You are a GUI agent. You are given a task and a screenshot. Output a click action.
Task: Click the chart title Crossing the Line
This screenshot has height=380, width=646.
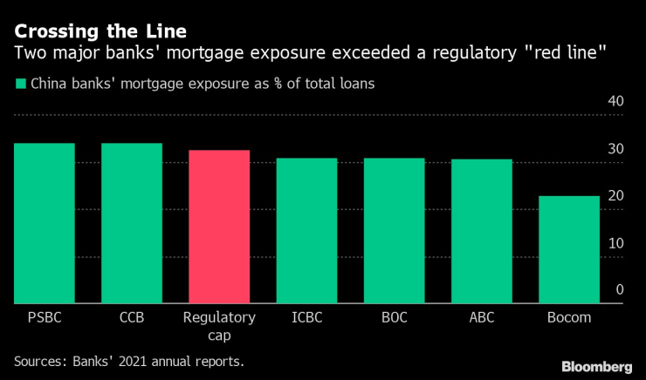click(x=100, y=31)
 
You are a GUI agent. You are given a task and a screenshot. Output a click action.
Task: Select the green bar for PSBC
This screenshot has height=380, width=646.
click(x=44, y=223)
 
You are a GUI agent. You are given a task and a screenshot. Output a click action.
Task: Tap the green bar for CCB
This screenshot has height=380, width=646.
click(x=132, y=223)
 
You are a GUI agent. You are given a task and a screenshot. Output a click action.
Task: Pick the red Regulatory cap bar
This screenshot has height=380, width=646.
click(x=219, y=227)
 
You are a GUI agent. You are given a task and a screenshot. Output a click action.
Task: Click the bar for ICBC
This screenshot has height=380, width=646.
click(x=306, y=231)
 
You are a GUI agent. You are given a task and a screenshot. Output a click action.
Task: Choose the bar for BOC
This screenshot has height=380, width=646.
click(x=394, y=231)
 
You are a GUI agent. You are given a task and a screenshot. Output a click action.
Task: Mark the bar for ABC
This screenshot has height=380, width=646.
click(x=481, y=231)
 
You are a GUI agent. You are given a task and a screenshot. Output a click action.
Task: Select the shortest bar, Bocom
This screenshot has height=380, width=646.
click(x=568, y=250)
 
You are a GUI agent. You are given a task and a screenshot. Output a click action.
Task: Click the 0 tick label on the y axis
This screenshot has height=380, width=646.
click(x=619, y=290)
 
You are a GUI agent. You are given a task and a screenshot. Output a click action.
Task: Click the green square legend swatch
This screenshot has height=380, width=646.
click(x=19, y=85)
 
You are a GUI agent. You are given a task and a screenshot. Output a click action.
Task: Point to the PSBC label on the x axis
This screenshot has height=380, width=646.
click(x=44, y=318)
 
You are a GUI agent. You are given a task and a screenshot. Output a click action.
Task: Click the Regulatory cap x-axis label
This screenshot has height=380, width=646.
click(x=219, y=326)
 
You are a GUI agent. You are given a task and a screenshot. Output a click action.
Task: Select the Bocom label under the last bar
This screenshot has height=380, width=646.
click(x=568, y=318)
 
